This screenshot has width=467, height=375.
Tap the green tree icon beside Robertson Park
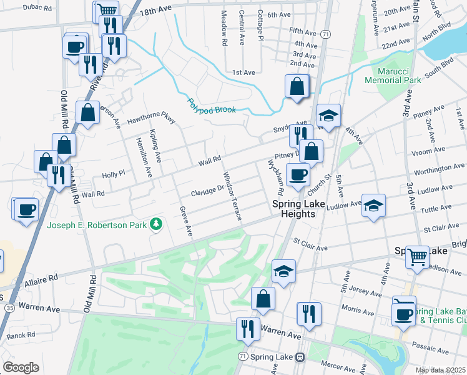[155, 224]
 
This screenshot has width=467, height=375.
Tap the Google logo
[21, 367]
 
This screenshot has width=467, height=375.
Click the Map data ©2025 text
[441, 370]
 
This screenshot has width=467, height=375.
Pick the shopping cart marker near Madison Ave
[417, 256]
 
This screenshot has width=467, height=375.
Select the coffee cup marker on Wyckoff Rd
[298, 174]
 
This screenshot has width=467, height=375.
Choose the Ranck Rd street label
[21, 335]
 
